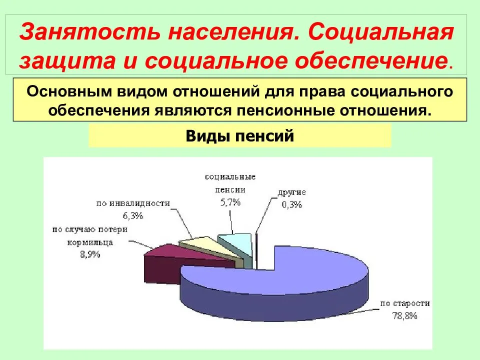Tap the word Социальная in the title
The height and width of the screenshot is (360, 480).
pos(380,32)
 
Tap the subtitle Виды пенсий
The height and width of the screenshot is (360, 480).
pos(239,135)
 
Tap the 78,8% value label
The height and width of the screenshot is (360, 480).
pos(404,315)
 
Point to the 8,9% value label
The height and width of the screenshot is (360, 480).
pos(90,254)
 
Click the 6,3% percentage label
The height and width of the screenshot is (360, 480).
pos(133,216)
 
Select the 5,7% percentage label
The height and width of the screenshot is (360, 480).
pos(230,202)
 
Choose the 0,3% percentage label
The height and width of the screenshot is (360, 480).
pos(291,204)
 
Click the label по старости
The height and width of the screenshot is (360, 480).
pos(405,303)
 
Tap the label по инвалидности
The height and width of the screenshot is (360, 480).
pos(133,203)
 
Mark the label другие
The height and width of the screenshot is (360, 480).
pos(291,192)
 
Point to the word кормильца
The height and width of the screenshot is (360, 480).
pos(90,242)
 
